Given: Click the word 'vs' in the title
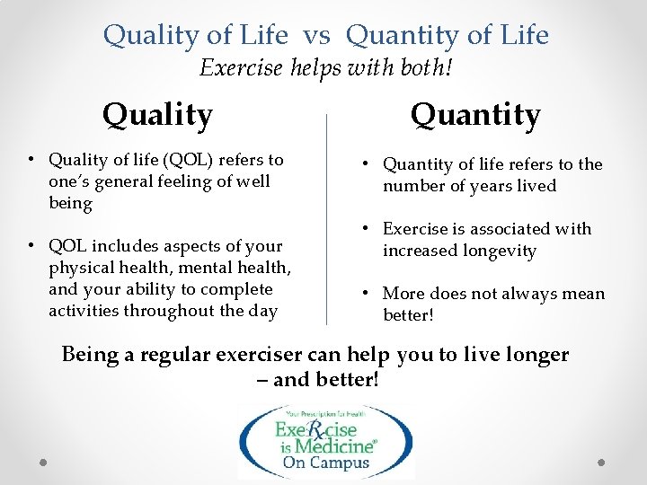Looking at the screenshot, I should [316, 35].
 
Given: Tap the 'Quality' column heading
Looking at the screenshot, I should [157, 115].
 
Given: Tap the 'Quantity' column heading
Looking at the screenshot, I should [475, 115].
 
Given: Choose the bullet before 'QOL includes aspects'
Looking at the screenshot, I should [32, 246].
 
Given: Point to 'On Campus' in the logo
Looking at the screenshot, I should [325, 463].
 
